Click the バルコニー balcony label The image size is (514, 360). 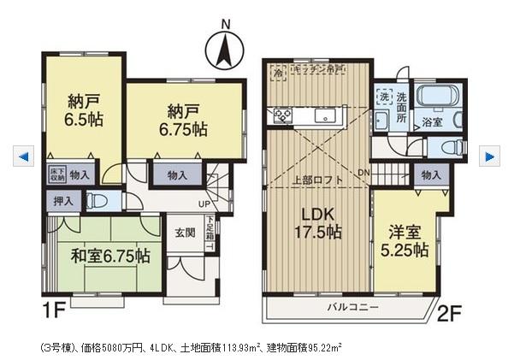point(352,305)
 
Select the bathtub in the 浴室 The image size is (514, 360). point(438,96)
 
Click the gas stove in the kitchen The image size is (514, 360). point(281,115)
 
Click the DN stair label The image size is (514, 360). point(363,173)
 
